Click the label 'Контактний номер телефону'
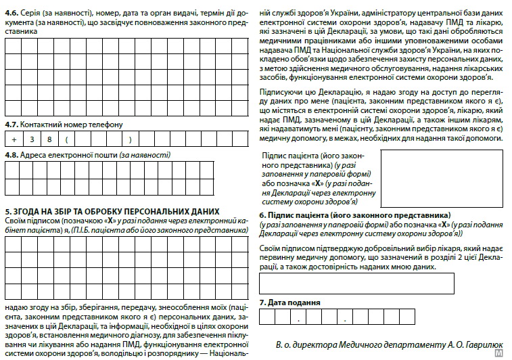pyautogui.click(x=72, y=125)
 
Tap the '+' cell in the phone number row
pyautogui.click(x=14, y=140)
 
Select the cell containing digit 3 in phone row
pyautogui.click(x=31, y=140)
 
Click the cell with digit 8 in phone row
pyautogui.click(x=49, y=140)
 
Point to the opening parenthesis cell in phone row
pyautogui.click(x=67, y=140)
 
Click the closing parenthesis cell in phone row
pyautogui.click(x=129, y=140)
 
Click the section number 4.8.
pyautogui.click(x=12, y=155)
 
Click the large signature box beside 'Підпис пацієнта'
pyautogui.click(x=441, y=178)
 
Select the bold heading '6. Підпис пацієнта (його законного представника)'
pyautogui.click(x=355, y=215)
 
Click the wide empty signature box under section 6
pyautogui.click(x=356, y=283)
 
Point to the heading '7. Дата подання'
pyautogui.click(x=290, y=302)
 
